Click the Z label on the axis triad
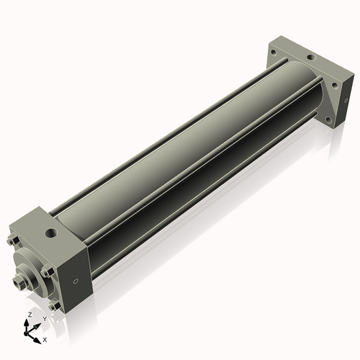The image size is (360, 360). click(x=30, y=315)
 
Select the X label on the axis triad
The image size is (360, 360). click(x=45, y=338)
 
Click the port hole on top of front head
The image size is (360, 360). click(x=51, y=233)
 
